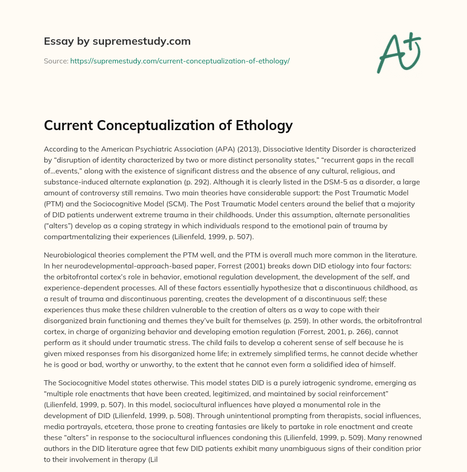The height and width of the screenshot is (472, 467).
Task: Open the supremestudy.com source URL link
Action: [180, 61]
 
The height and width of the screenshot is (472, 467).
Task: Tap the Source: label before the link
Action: [56, 61]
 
